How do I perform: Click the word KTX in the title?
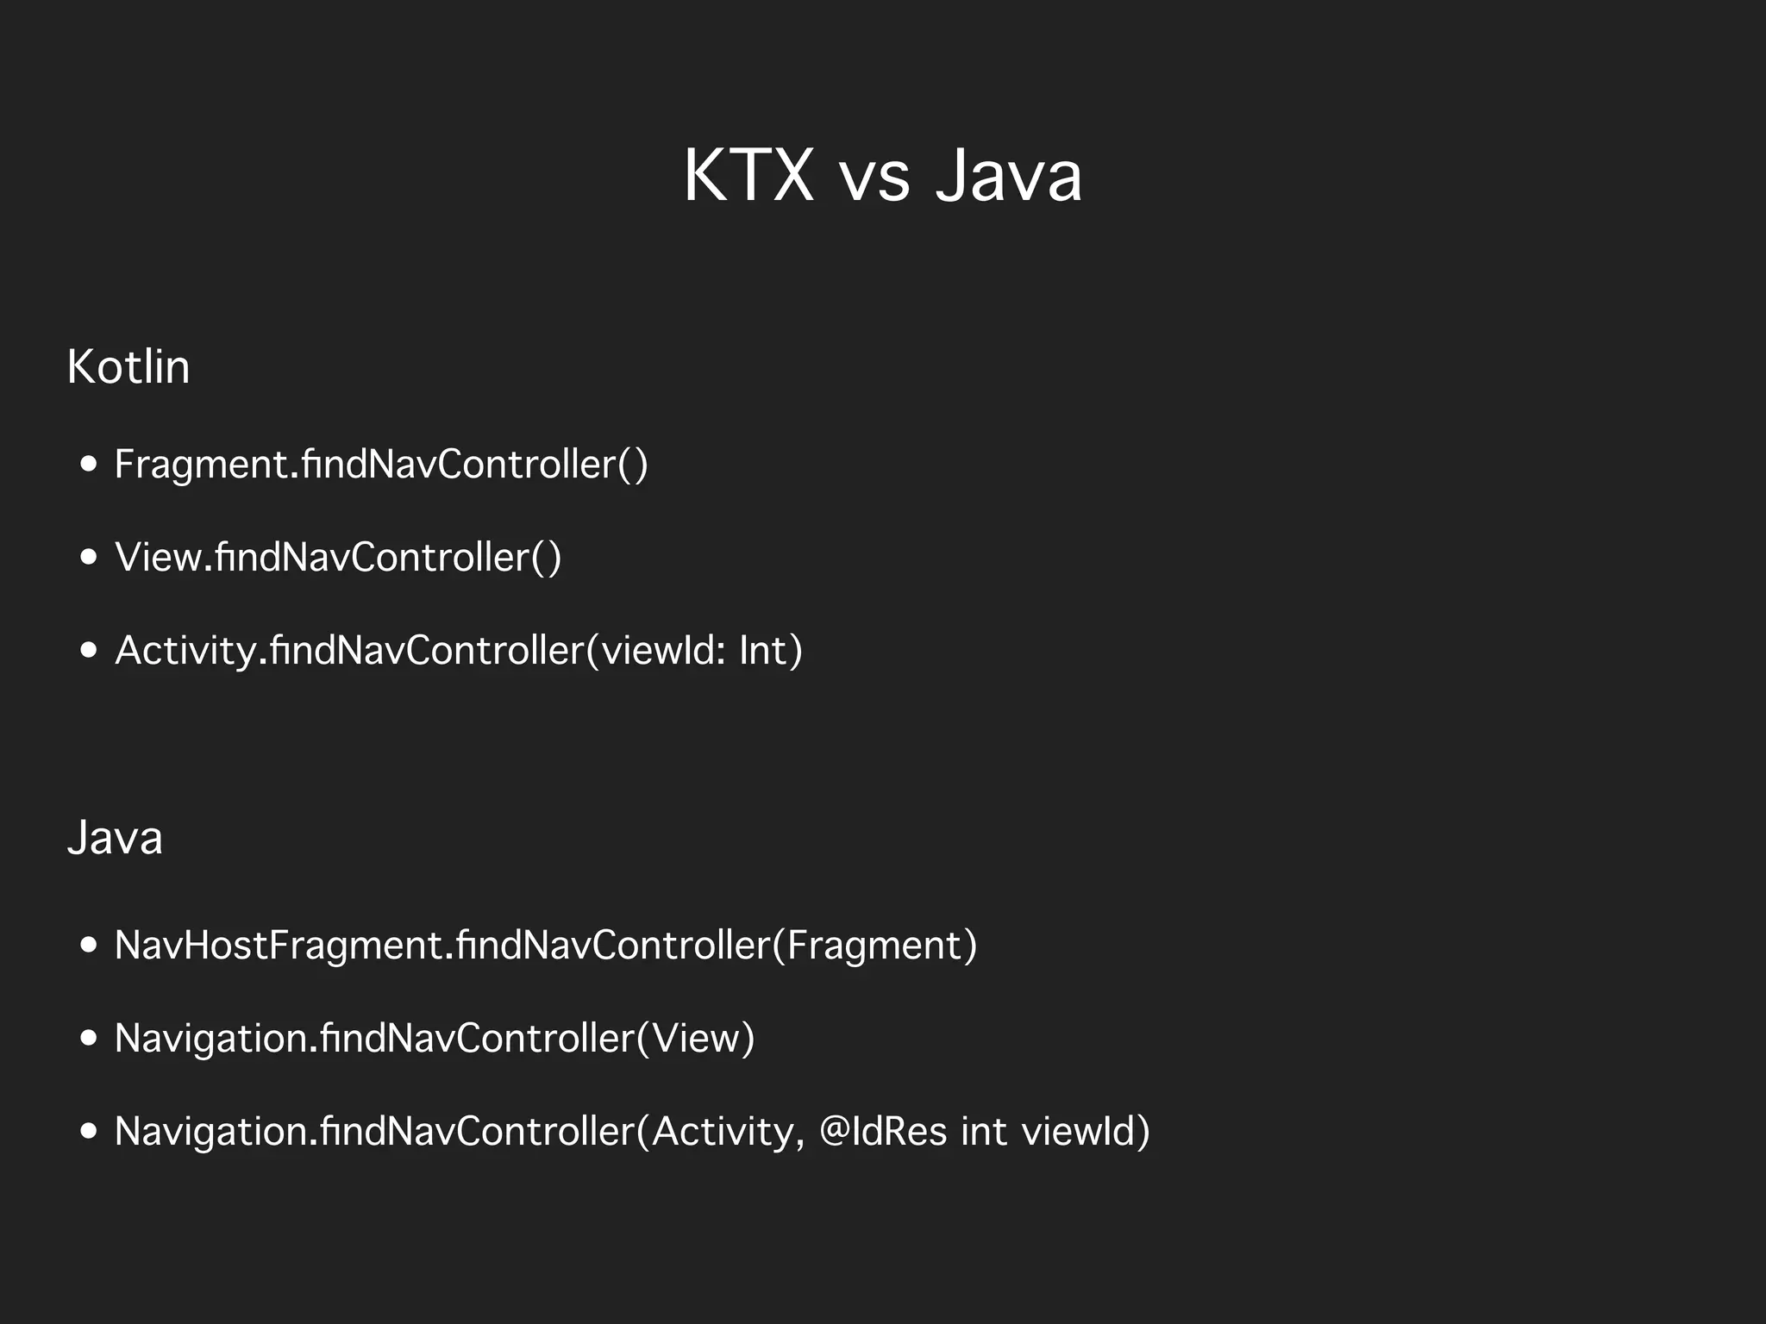(748, 176)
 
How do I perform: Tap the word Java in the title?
(1008, 176)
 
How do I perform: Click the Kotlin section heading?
(128, 367)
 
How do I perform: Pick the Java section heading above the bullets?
(115, 838)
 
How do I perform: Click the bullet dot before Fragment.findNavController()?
(88, 465)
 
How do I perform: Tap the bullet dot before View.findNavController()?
(88, 558)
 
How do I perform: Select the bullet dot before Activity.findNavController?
(88, 651)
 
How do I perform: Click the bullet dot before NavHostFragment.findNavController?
(88, 946)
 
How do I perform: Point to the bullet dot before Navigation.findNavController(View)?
(88, 1039)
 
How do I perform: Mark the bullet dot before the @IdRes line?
(88, 1132)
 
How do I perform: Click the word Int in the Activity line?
(763, 651)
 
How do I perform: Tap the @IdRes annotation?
(883, 1132)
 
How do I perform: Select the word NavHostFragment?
(279, 946)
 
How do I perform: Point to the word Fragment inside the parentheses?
(874, 946)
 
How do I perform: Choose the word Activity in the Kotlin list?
(185, 651)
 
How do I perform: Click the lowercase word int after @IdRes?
(983, 1132)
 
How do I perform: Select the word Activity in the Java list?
(723, 1132)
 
